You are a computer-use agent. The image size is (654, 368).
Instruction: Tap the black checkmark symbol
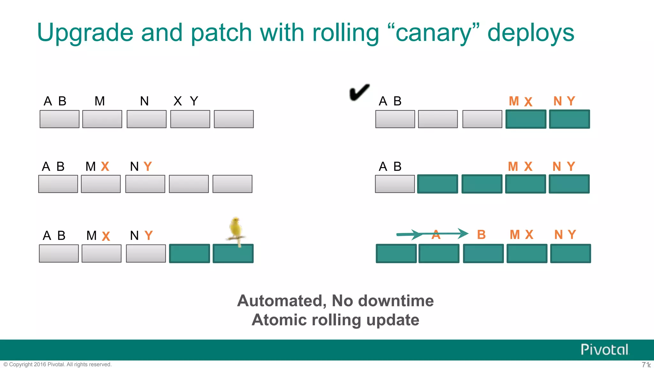359,93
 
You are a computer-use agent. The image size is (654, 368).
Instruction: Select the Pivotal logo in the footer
604,349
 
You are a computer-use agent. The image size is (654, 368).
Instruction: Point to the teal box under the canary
233,254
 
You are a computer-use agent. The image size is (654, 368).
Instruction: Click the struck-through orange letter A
436,235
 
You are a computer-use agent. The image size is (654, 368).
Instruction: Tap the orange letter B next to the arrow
481,235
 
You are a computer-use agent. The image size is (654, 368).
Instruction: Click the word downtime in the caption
396,301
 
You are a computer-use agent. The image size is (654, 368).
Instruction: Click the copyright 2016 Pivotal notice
57,364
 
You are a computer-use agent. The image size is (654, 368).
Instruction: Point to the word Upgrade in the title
85,33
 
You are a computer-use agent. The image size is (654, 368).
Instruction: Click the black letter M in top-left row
100,101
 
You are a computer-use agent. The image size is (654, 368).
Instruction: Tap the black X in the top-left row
178,101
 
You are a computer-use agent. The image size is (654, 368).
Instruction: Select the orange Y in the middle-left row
148,166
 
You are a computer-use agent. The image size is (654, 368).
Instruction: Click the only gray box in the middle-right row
395,184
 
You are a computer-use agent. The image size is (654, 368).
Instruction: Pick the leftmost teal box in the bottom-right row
396,254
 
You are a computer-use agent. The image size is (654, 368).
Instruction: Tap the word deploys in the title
531,33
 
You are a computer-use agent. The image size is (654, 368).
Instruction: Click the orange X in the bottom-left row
106,236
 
